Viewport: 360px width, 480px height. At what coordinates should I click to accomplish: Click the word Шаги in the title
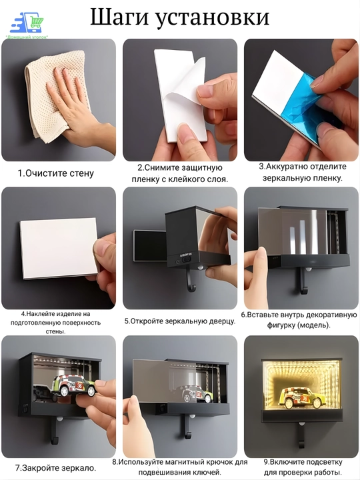pos(120,17)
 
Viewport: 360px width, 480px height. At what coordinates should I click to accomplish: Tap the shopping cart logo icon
pos(27,23)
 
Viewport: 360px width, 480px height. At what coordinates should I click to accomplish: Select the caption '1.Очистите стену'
pos(56,173)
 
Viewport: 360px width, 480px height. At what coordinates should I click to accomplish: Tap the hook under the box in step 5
pos(191,279)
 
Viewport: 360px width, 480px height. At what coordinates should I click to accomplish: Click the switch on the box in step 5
pos(186,259)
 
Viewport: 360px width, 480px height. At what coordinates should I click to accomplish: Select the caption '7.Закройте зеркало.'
pos(56,468)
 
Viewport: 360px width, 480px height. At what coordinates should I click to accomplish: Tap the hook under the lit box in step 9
pos(301,435)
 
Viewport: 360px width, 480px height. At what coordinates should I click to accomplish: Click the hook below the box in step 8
pos(187,426)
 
